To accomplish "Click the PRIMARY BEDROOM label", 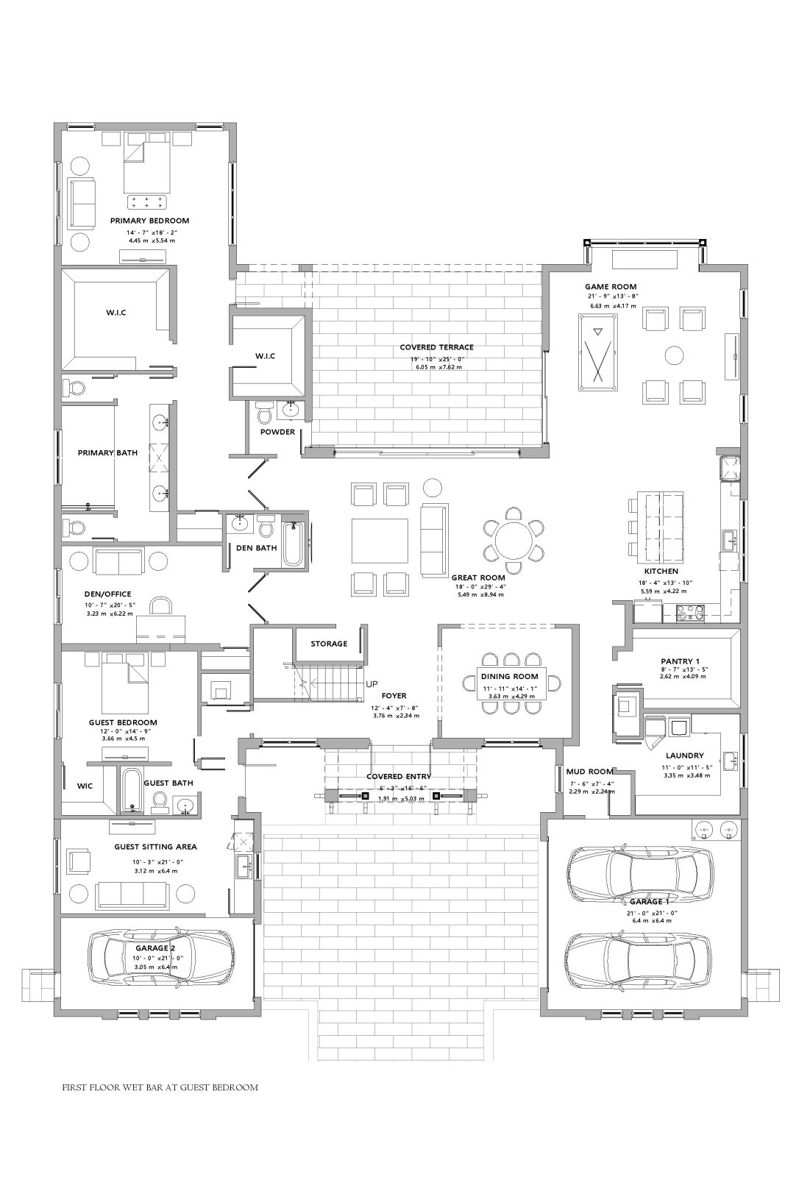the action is click(149, 221).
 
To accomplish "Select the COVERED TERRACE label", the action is click(436, 347).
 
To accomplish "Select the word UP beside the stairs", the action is click(372, 684).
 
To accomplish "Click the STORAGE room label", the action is click(329, 644).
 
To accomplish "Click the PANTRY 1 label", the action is click(680, 661).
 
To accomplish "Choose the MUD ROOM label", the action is click(589, 772).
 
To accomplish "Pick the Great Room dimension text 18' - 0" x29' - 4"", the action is click(479, 586).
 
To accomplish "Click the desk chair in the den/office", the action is click(161, 606).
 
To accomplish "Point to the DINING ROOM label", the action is click(509, 676).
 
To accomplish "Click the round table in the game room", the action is click(674, 355).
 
